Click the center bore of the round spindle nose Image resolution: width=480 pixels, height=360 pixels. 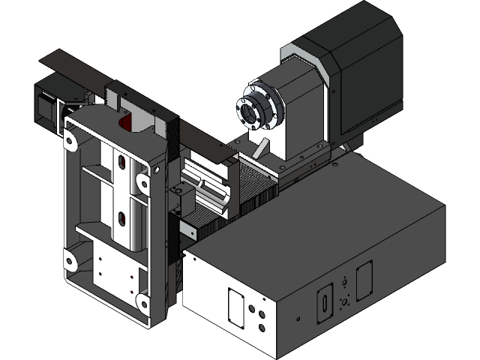(250, 109)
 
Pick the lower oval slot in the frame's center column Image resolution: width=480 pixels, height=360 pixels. (120, 220)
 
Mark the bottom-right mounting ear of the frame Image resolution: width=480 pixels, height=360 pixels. (140, 301)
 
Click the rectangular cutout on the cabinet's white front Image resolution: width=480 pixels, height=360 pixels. (235, 307)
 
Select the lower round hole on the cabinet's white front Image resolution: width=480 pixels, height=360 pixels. (262, 327)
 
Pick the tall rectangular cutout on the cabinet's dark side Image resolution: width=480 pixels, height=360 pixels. (364, 280)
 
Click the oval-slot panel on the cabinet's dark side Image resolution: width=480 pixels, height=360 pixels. (325, 303)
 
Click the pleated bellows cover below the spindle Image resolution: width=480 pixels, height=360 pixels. (258, 187)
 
